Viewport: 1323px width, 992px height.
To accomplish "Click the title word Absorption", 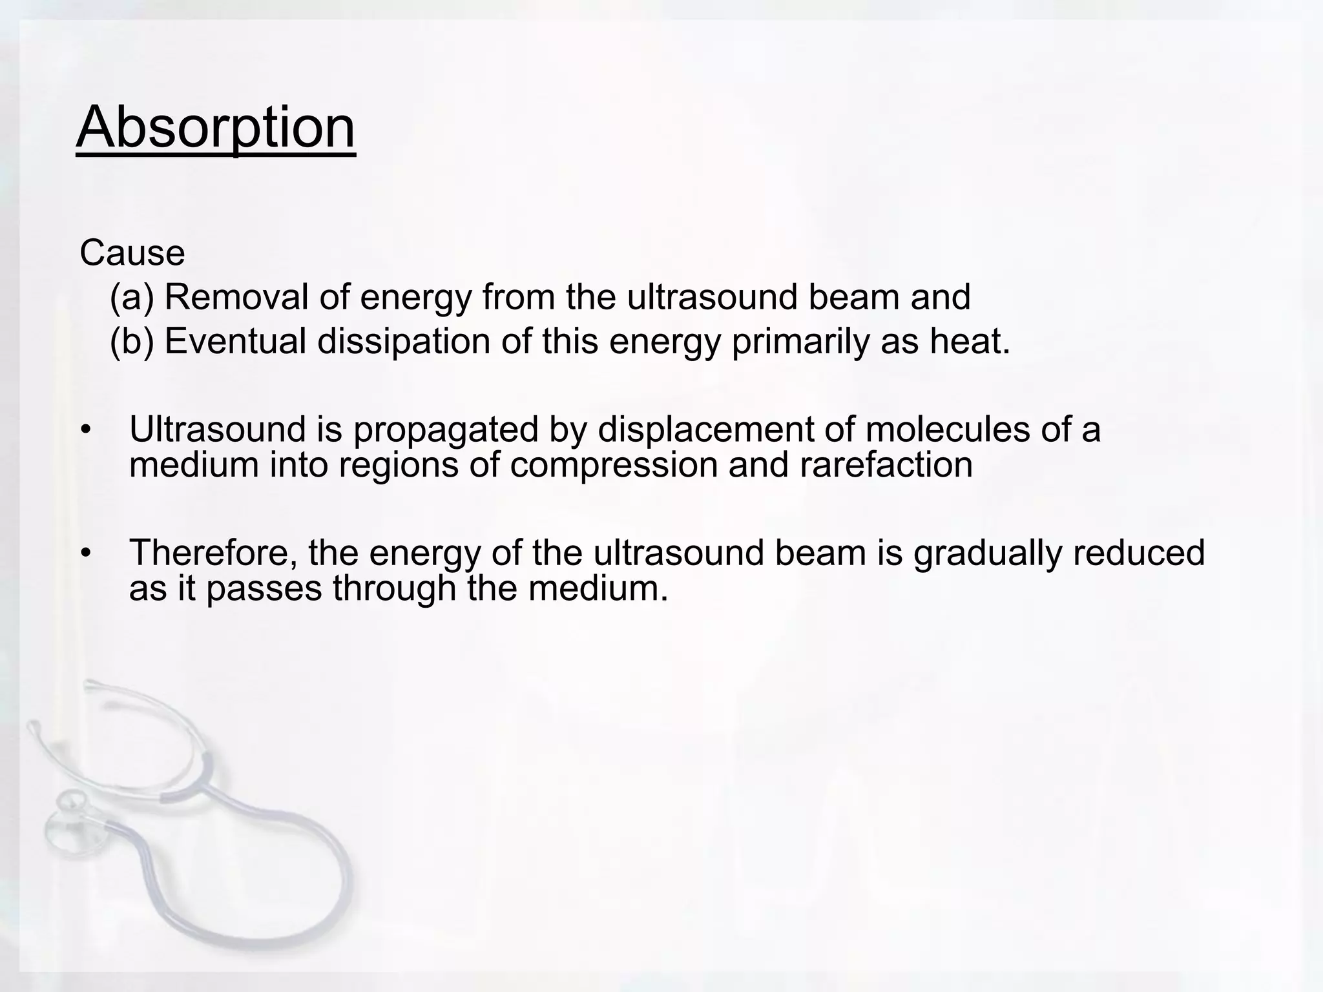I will click(x=216, y=128).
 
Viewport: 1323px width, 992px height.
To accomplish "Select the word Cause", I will click(x=132, y=253).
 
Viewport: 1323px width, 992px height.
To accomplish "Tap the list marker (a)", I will click(x=132, y=298).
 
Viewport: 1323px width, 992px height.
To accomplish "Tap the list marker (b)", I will click(x=132, y=341).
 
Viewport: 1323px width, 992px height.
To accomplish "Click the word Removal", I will click(x=236, y=297).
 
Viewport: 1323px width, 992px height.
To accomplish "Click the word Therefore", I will click(x=213, y=553).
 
